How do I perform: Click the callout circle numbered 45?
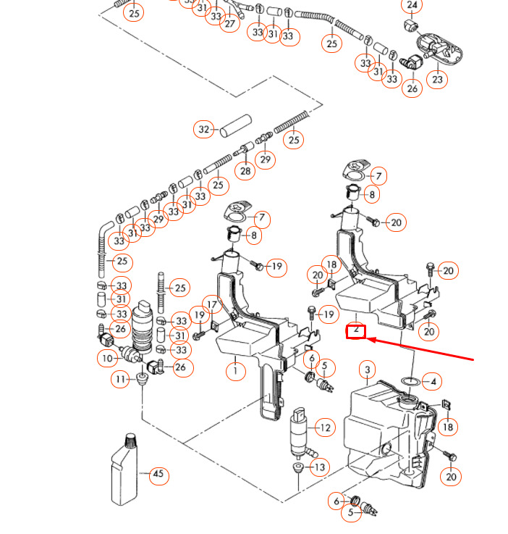(158, 476)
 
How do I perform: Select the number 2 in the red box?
(356, 331)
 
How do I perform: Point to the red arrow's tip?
(369, 337)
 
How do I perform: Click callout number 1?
(234, 372)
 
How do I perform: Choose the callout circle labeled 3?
(368, 371)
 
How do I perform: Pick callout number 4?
(433, 381)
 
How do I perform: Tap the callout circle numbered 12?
(325, 428)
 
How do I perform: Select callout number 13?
(319, 467)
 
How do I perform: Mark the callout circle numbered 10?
(107, 357)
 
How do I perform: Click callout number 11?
(120, 378)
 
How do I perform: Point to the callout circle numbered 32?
(204, 130)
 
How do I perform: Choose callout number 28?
(245, 171)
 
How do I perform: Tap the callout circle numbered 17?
(211, 304)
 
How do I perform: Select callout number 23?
(437, 79)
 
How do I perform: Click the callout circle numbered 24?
(412, 6)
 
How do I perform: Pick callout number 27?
(229, 23)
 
